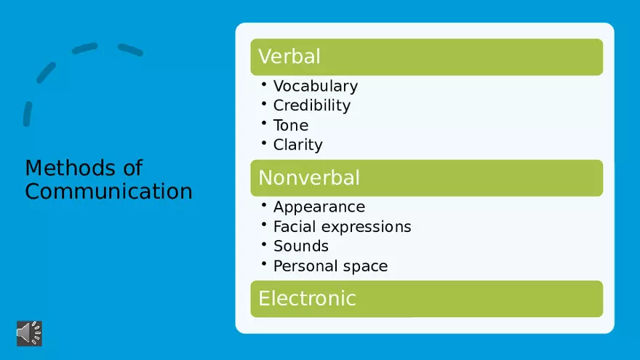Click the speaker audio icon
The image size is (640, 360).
(29, 333)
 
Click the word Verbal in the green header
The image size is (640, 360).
(289, 56)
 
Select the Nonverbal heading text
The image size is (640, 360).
(309, 177)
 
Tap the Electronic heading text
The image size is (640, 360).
(307, 298)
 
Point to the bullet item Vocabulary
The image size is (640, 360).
(316, 86)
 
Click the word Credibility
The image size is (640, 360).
(312, 105)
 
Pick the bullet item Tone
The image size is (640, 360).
(291, 125)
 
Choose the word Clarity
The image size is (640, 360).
(298, 145)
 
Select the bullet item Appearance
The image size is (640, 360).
(319, 207)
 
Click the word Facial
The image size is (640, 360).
(295, 226)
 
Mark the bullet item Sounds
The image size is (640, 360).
(301, 246)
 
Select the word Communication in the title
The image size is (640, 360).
(108, 191)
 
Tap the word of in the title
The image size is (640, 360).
(132, 168)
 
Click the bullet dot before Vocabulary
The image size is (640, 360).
(264, 84)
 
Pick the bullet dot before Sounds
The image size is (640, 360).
(264, 244)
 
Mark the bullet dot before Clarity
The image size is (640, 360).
(264, 143)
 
